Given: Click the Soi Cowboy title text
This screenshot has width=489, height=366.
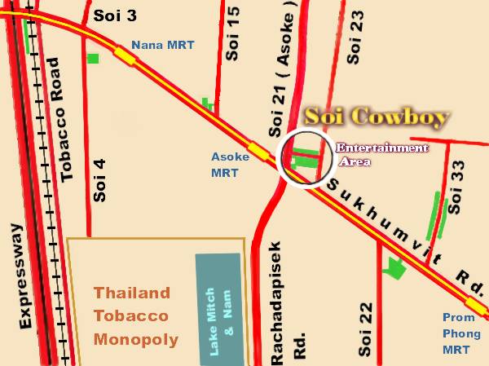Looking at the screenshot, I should pos(376,118).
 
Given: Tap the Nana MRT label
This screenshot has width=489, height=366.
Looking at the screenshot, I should pos(163,46).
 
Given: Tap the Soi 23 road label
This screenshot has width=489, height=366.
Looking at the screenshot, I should pos(355,37).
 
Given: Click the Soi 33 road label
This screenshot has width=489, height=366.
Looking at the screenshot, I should pos(456,187).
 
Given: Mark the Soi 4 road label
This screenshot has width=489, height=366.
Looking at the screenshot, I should pos(100,183).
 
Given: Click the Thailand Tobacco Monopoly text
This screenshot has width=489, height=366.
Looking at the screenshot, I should pos(131,315).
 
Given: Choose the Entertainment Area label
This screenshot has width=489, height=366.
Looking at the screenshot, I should pos(381,154).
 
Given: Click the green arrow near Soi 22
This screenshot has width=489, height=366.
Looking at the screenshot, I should pos(395,268).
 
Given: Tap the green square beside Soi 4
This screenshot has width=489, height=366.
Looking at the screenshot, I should pos(93,58).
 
